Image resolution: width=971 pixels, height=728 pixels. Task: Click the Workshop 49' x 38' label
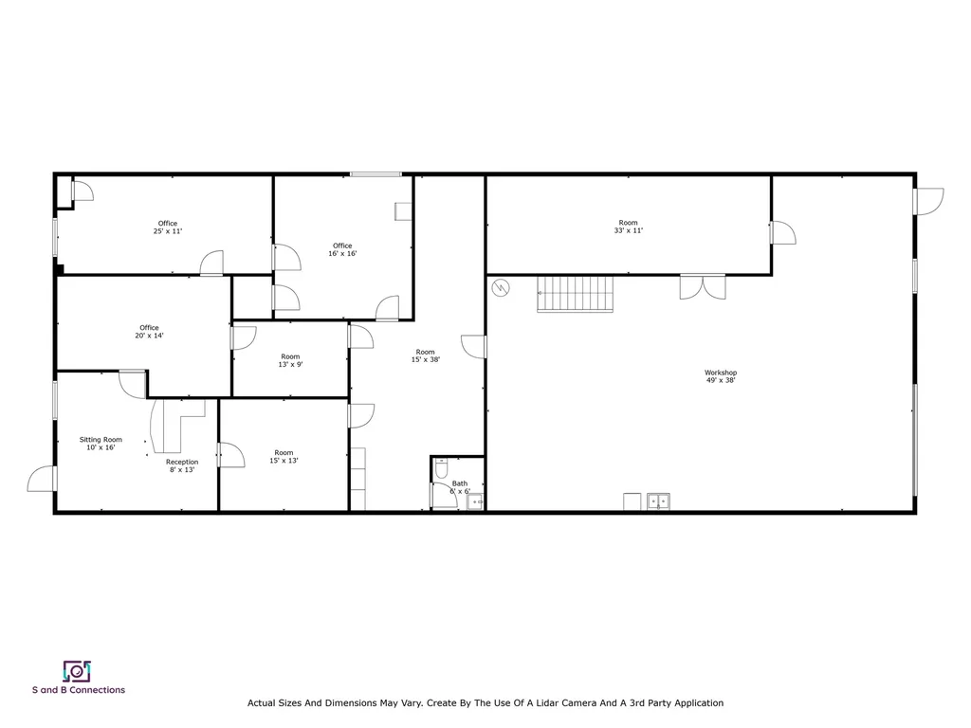(721, 376)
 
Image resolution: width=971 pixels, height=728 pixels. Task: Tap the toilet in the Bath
(441, 468)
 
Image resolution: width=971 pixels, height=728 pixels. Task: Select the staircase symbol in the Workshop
(575, 294)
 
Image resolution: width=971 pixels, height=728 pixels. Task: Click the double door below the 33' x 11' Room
(703, 286)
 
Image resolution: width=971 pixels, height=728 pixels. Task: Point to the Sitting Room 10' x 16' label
(100, 444)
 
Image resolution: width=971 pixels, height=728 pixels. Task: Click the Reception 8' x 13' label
(182, 465)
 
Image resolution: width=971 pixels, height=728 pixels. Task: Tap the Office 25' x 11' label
(167, 227)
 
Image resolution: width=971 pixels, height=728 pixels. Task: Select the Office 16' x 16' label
(342, 249)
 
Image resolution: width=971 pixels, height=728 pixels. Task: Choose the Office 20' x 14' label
(149, 331)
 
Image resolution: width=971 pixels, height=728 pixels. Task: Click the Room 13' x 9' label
(290, 360)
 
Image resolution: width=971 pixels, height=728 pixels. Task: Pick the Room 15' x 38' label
(425, 355)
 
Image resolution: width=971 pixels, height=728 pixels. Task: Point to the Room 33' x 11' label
(628, 227)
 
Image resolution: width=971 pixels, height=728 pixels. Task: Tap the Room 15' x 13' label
(284, 456)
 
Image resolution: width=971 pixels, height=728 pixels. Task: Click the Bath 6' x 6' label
(460, 487)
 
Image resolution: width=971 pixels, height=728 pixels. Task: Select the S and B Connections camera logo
(77, 671)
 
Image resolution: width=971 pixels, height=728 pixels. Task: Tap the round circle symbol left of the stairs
(500, 287)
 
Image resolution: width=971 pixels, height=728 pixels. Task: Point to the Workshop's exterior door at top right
(929, 201)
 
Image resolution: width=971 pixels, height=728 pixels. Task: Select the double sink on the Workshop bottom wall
(659, 501)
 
